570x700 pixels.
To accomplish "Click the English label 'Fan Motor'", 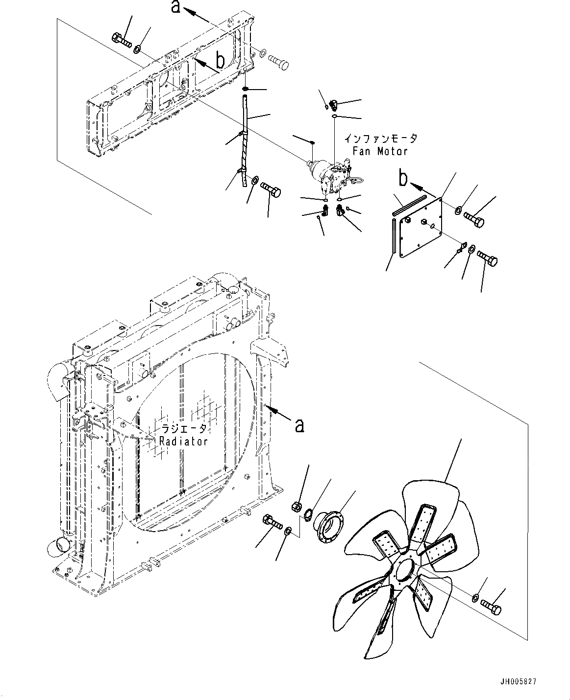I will click(x=380, y=151).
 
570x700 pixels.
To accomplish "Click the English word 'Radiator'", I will click(x=184, y=441).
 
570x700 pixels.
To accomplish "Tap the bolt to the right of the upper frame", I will click(x=278, y=62).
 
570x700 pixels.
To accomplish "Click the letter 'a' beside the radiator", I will click(x=299, y=425).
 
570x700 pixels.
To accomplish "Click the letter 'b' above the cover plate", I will click(x=403, y=179).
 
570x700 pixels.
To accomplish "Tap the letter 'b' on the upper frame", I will click(x=221, y=61).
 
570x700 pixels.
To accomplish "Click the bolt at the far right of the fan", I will click(x=492, y=607).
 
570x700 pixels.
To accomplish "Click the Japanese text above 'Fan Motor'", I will click(x=380, y=139).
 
